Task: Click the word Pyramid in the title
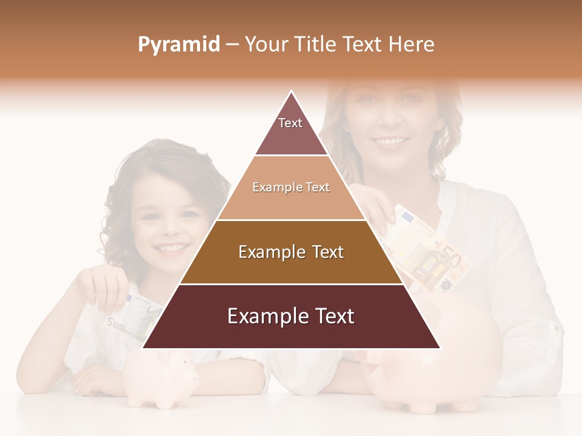[178, 45]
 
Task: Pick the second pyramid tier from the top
[291, 188]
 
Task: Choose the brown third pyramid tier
[291, 252]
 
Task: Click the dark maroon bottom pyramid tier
[291, 317]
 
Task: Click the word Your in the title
[266, 44]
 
